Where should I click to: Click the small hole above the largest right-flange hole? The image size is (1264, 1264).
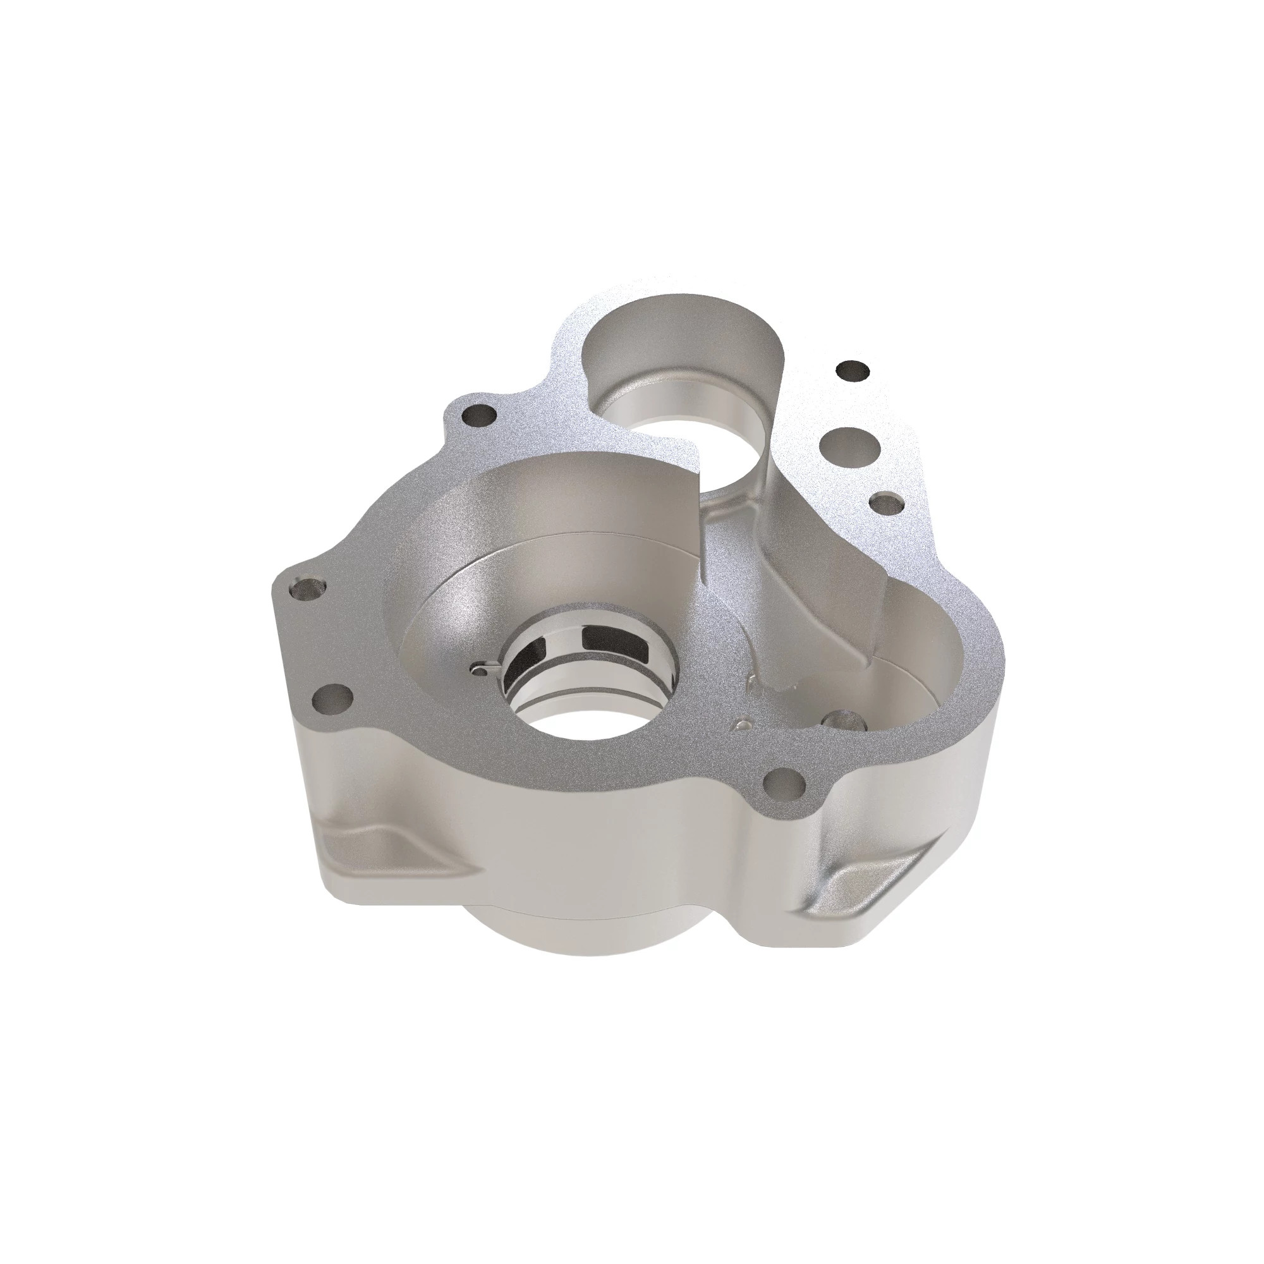tap(853, 372)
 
